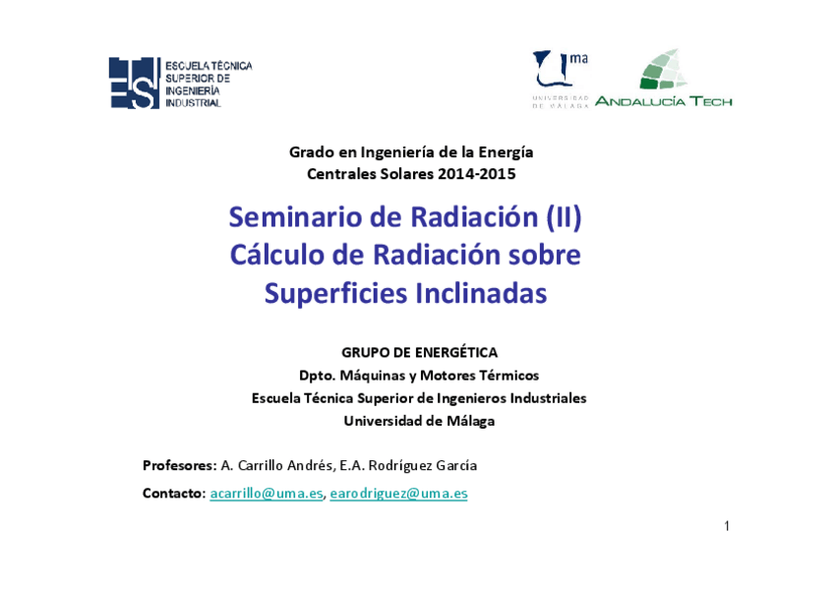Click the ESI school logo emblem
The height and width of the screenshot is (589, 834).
click(x=134, y=83)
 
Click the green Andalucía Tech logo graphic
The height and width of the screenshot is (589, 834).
click(x=664, y=70)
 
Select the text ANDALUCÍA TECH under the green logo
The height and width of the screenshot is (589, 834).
click(x=663, y=100)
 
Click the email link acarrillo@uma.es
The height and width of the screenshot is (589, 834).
click(x=266, y=494)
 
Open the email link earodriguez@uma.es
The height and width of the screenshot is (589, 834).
click(x=398, y=494)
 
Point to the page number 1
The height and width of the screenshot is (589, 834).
click(x=727, y=526)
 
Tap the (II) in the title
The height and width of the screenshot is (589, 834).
click(x=564, y=216)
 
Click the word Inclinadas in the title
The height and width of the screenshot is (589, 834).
click(x=481, y=293)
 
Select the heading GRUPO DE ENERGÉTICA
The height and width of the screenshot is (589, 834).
click(x=419, y=352)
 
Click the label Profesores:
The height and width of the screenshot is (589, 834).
click(x=179, y=465)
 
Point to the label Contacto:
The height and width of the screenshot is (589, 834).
click(x=174, y=494)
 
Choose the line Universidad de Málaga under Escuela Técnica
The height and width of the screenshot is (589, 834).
click(x=419, y=421)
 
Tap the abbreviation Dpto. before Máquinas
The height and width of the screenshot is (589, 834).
click(x=318, y=376)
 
